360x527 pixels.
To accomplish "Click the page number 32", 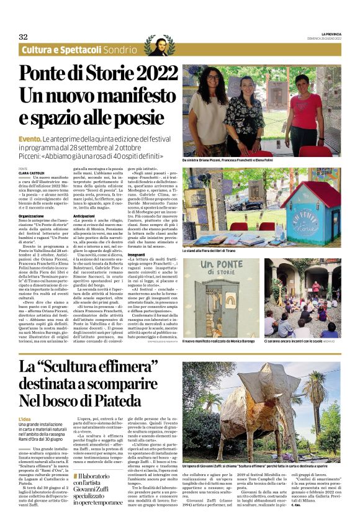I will [x=23, y=37].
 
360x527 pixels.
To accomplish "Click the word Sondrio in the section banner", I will [x=120, y=50].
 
